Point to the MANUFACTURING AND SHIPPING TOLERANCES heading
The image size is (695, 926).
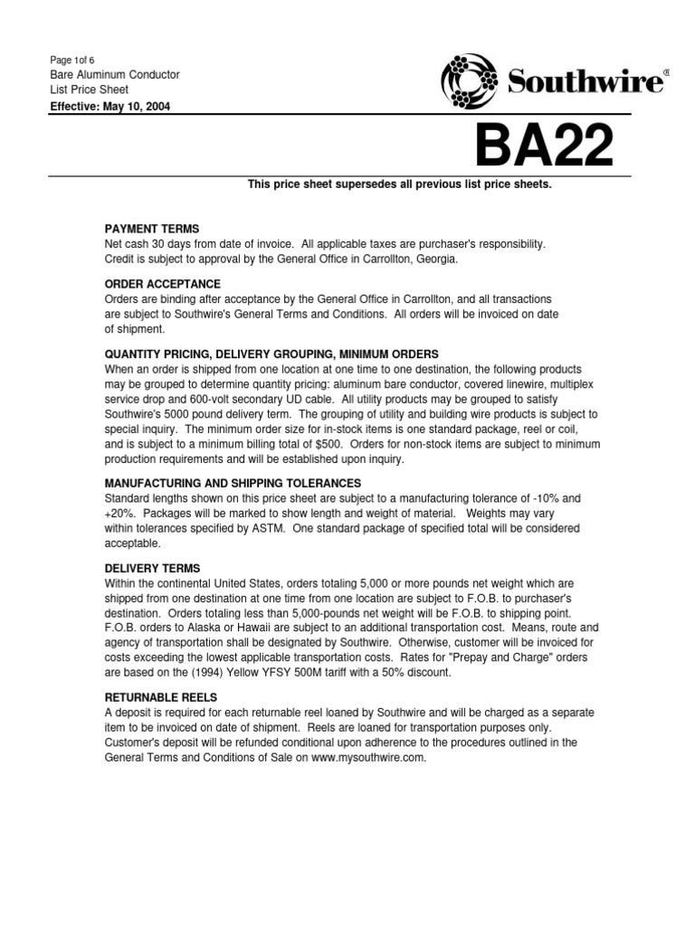tap(233, 483)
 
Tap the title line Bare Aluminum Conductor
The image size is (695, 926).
tap(113, 74)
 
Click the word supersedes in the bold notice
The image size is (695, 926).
tap(357, 184)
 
